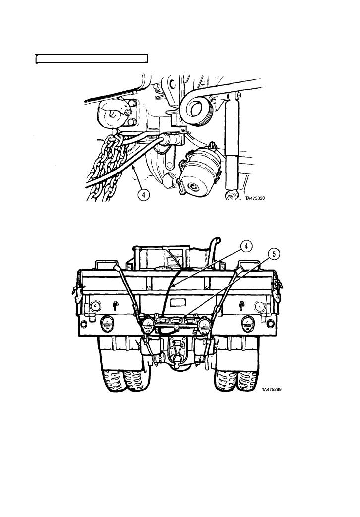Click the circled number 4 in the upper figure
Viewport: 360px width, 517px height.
(143, 194)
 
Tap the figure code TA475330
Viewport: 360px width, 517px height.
(255, 198)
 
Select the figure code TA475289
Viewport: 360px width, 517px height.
(272, 390)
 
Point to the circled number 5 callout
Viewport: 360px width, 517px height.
(274, 255)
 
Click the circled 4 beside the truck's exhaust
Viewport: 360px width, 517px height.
(246, 246)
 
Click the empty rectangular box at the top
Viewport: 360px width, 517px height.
(92, 58)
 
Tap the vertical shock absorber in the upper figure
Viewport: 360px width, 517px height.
(232, 145)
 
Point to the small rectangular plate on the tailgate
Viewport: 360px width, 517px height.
(178, 302)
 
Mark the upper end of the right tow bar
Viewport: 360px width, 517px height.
(239, 270)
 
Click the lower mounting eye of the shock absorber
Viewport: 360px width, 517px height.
(231, 195)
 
